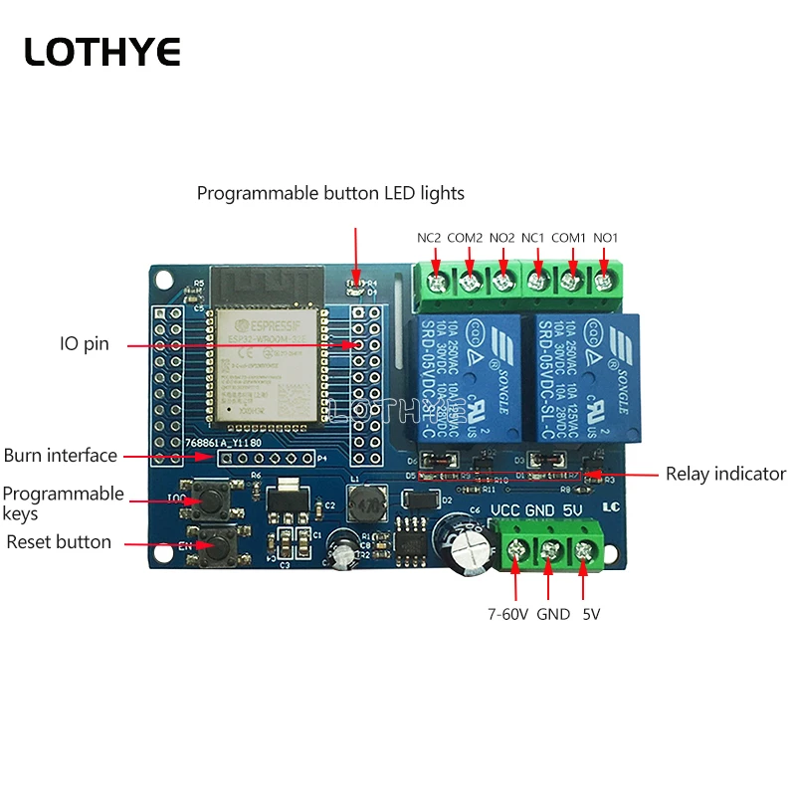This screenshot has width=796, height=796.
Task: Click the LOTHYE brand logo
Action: point(102,52)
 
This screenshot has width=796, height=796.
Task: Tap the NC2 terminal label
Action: point(430,238)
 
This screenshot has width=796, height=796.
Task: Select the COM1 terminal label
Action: point(570,238)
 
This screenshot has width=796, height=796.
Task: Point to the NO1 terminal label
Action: point(606,238)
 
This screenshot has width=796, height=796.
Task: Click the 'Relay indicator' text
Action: point(725,474)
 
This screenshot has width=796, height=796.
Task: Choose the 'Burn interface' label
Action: point(61,456)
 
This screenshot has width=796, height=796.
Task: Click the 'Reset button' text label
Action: point(59,542)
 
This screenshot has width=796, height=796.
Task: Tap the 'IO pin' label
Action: point(83,344)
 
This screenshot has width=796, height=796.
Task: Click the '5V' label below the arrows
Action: point(591,614)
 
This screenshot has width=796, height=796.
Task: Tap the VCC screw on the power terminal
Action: point(516,548)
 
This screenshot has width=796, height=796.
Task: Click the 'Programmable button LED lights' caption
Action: point(330,193)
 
